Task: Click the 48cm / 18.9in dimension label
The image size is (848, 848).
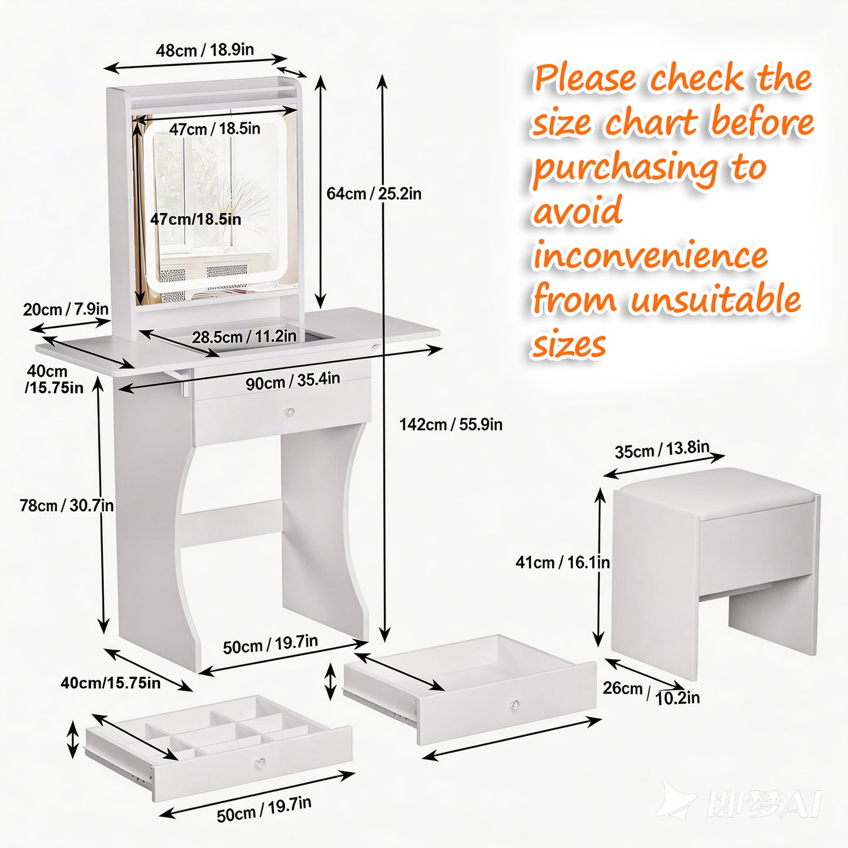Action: point(205,50)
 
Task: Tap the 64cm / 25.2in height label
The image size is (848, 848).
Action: point(374,194)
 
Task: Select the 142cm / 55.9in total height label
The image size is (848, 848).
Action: point(451,425)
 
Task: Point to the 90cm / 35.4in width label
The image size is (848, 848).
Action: point(293,381)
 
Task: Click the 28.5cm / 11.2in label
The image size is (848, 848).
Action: point(244,337)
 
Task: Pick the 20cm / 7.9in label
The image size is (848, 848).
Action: point(66,309)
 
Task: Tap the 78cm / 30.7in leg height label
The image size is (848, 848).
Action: point(67,505)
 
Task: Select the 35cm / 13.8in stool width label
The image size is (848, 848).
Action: point(662,450)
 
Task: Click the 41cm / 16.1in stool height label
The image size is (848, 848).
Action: point(562,562)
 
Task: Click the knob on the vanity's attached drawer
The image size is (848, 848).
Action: point(289,412)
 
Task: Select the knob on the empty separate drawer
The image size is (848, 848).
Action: point(515,705)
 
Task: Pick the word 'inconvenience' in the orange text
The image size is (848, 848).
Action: point(650,256)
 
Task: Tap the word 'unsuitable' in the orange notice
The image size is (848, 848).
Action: point(715,299)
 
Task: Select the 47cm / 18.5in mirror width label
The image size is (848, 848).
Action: point(215,129)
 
